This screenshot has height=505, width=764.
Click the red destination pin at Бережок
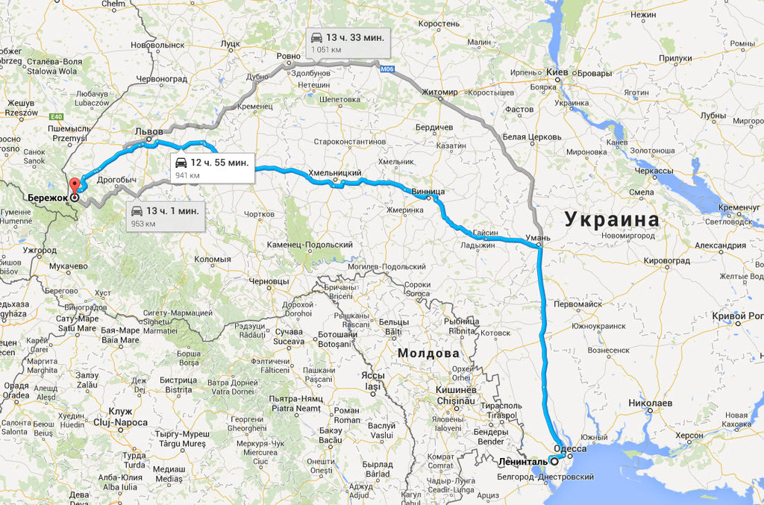(73, 186)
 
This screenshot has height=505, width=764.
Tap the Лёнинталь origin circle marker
(554, 461)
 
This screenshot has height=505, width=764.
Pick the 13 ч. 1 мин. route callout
(165, 216)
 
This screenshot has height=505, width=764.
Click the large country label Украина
(611, 220)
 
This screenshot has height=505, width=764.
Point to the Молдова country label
(428, 353)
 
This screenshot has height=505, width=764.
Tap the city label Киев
(557, 72)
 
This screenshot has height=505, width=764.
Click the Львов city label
(148, 131)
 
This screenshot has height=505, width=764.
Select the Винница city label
(428, 192)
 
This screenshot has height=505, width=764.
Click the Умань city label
(538, 238)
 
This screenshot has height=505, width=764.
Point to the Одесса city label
(572, 450)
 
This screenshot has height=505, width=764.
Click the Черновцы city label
(269, 281)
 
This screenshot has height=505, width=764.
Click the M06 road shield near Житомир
(386, 69)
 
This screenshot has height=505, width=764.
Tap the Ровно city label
(288, 56)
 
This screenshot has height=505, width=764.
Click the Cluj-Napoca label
(120, 421)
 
